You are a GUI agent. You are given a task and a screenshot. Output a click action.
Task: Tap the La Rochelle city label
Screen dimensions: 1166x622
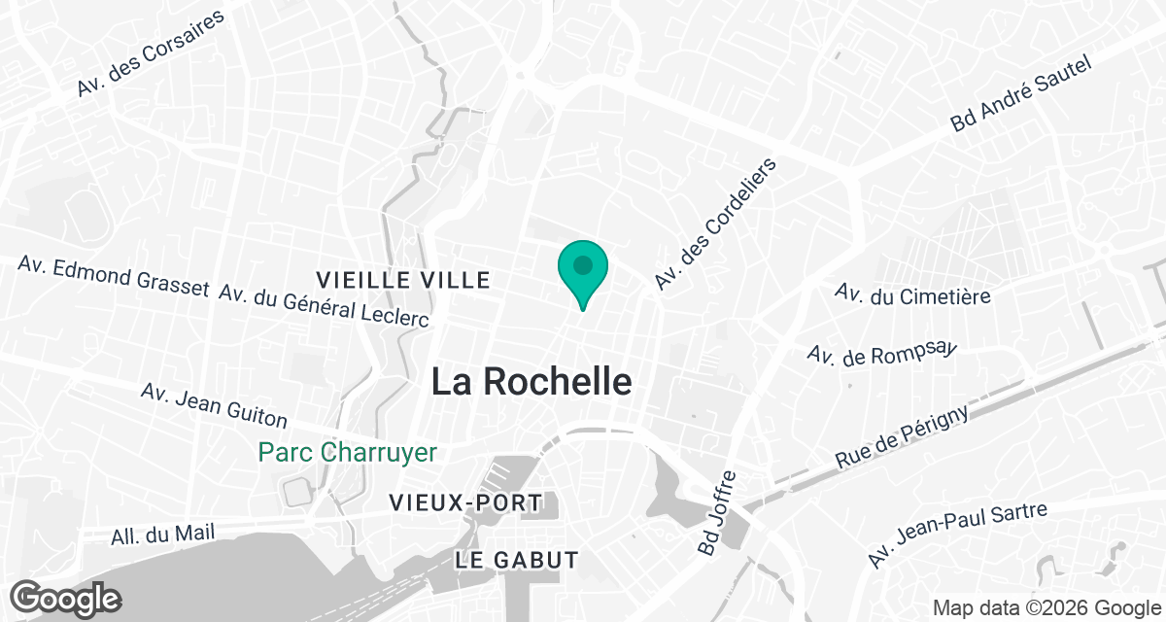pyautogui.click(x=532, y=381)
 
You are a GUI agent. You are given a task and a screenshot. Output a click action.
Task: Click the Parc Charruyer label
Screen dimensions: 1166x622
pyautogui.click(x=348, y=452)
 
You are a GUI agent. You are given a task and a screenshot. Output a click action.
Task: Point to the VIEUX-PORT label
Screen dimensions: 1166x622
pyautogui.click(x=464, y=502)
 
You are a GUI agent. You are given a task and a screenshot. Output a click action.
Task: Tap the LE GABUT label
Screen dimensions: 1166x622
pyautogui.click(x=517, y=560)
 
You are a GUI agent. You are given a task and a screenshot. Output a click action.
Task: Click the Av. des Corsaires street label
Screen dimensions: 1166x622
pyautogui.click(x=151, y=53)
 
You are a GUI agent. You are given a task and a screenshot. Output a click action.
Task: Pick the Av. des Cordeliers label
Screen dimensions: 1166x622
pyautogui.click(x=717, y=225)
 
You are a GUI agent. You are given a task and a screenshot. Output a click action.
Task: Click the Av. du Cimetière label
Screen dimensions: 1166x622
pyautogui.click(x=913, y=294)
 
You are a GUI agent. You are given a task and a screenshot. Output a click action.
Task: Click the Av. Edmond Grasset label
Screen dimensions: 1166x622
pyautogui.click(x=113, y=276)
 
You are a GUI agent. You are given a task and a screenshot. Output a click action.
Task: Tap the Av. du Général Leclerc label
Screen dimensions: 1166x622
pyautogui.click(x=325, y=306)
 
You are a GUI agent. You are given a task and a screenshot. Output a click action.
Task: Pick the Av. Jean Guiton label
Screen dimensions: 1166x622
pyautogui.click(x=214, y=405)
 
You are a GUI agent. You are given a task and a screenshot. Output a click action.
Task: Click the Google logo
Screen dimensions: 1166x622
pyautogui.click(x=65, y=598)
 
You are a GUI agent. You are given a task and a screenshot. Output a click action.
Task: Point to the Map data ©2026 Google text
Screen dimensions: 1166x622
pyautogui.click(x=1046, y=608)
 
